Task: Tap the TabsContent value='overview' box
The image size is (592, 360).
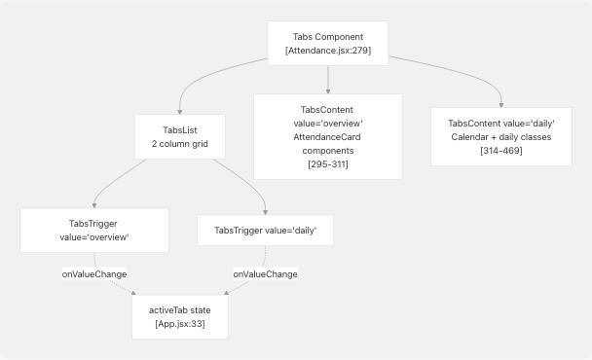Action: (328, 136)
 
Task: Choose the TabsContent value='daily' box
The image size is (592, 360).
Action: (501, 136)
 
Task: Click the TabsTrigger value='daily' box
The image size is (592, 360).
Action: (265, 230)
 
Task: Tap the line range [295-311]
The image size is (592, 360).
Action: (328, 165)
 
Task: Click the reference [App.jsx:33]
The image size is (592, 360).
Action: (181, 323)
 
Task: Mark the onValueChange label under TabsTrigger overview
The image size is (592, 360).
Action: (94, 273)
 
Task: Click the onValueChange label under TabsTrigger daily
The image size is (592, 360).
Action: (265, 273)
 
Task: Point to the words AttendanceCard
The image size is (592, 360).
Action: (328, 138)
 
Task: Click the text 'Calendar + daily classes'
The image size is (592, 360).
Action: (501, 137)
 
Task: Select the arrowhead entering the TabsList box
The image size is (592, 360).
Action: (181, 111)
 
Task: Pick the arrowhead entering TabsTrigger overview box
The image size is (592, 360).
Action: (93, 204)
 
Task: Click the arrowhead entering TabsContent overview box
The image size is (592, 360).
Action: (328, 90)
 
